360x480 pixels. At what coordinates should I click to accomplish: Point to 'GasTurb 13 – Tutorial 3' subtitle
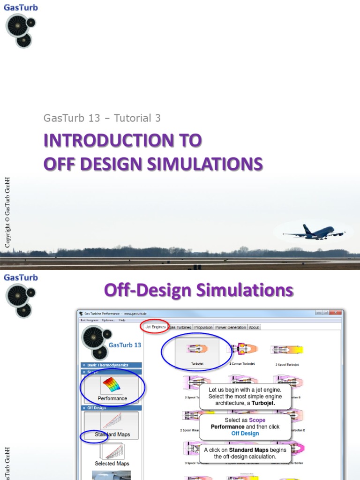(x=102, y=118)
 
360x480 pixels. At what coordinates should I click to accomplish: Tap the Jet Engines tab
(x=156, y=327)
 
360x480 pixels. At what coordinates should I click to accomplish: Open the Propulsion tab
(x=203, y=327)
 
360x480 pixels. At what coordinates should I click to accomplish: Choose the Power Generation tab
(x=231, y=327)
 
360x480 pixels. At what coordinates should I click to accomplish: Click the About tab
(x=254, y=327)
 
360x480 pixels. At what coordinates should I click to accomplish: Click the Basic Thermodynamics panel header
(x=111, y=365)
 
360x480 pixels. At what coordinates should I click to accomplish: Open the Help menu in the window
(x=122, y=320)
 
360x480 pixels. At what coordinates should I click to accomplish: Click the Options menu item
(x=108, y=320)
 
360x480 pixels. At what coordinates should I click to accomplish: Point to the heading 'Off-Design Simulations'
(x=198, y=290)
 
